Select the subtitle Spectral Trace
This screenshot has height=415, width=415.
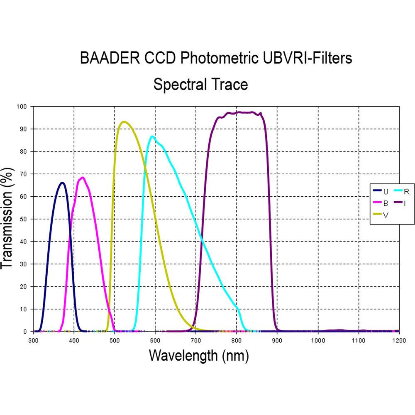(200, 84)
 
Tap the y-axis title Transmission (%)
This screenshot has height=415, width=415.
(9, 219)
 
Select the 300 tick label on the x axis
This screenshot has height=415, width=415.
(33, 340)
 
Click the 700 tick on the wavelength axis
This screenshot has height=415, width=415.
(196, 340)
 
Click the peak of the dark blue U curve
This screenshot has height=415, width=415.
(62, 183)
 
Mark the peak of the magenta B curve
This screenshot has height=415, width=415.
(82, 178)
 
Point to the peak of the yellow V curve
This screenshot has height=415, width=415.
(124, 122)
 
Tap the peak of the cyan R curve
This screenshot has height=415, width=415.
(153, 136)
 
